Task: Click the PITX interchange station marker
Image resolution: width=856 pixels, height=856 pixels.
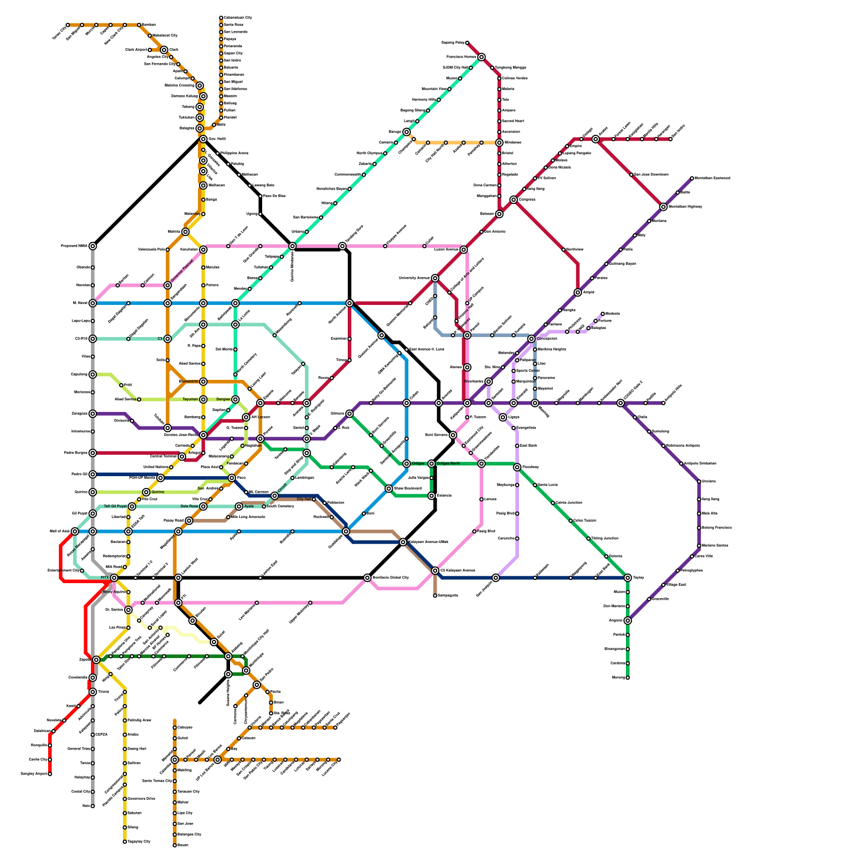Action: coord(114,578)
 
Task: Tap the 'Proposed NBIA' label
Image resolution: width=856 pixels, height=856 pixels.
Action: coord(74,246)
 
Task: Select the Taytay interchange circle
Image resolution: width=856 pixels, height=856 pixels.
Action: coord(628,578)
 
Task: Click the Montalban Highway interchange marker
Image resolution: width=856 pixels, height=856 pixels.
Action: coord(663,207)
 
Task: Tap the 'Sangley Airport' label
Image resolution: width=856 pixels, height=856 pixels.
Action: coord(34,774)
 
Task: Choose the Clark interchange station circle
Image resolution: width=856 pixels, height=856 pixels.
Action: coord(164,50)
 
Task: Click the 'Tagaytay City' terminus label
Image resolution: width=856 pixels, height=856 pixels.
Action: coord(139,842)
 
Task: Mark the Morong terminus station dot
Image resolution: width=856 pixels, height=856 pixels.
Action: coord(628,678)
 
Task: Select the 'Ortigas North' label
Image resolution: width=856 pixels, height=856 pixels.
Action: coord(448,463)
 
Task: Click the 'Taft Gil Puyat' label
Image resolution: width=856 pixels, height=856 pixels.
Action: coord(115,506)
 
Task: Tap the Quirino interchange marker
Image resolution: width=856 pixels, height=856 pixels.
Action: coord(146,492)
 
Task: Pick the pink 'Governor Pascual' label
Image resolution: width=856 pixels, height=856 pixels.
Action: coord(181,271)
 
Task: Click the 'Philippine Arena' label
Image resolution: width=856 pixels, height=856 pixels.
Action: coord(234,154)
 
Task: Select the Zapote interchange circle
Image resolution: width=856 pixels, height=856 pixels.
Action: coord(96,660)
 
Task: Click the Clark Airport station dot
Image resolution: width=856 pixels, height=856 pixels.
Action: coord(150,50)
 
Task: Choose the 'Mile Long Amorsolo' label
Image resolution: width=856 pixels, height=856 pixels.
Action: coord(248,517)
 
